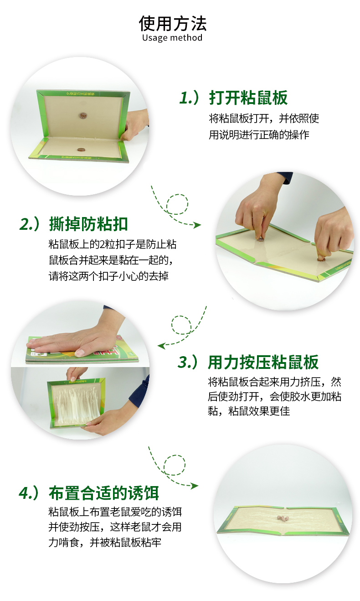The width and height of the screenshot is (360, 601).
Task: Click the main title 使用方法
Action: [173, 23]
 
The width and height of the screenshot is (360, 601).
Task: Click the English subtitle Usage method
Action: [172, 37]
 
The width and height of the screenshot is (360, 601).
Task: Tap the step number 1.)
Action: [189, 97]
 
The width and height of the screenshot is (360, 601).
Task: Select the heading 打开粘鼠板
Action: [248, 98]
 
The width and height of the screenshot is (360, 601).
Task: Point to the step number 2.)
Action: [30, 224]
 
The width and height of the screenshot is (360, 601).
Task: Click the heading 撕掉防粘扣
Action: [88, 224]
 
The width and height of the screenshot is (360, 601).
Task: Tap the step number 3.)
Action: [188, 362]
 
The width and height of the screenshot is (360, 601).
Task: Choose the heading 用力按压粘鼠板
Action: [263, 362]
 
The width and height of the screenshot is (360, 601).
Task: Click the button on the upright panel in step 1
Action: [83, 116]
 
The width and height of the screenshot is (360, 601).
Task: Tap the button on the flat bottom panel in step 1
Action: [80, 150]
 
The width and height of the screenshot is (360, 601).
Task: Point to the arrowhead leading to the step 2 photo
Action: [197, 225]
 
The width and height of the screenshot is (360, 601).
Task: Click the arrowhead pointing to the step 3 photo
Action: [161, 346]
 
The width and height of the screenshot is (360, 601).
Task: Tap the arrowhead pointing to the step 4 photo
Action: [194, 486]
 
